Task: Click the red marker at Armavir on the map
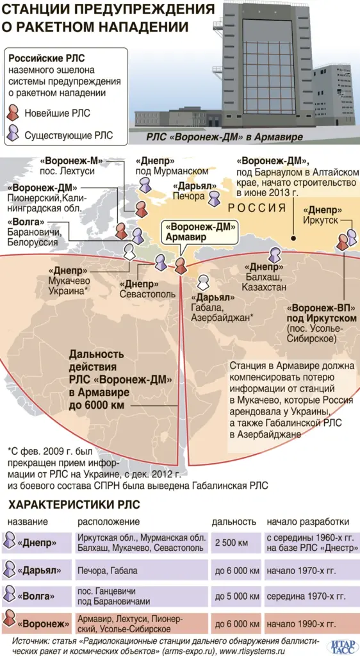(180, 266)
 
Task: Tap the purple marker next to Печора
(215, 198)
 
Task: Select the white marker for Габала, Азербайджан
(204, 283)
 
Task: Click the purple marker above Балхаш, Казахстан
(274, 255)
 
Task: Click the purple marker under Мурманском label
(145, 184)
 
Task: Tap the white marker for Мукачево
(129, 252)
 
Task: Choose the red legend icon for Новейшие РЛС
(14, 113)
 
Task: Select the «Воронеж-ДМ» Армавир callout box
(200, 232)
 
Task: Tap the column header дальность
(234, 521)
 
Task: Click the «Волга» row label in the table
(35, 596)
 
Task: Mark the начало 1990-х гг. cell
(302, 624)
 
